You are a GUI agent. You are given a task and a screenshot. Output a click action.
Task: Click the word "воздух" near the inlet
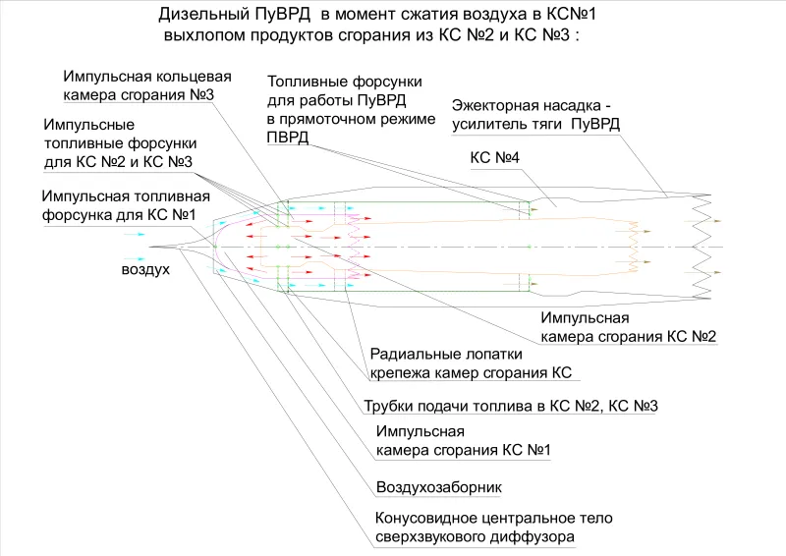[145, 269]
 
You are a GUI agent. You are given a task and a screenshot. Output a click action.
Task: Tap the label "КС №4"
[495, 157]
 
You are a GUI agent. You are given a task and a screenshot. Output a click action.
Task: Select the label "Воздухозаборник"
[439, 487]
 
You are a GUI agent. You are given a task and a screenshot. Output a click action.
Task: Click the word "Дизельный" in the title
[202, 14]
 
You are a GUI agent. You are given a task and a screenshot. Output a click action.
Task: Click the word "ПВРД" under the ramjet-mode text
[288, 138]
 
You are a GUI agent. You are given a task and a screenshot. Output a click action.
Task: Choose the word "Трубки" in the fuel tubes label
[388, 406]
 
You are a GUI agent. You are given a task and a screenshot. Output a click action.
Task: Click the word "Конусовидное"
[425, 518]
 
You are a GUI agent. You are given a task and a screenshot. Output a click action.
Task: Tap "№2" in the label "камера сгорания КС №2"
[703, 336]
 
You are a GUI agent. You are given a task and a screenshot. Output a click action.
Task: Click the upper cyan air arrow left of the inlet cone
[135, 234]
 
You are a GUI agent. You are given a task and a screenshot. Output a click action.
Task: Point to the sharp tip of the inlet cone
[149, 247]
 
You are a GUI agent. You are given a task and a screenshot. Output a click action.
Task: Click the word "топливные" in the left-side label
[83, 143]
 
